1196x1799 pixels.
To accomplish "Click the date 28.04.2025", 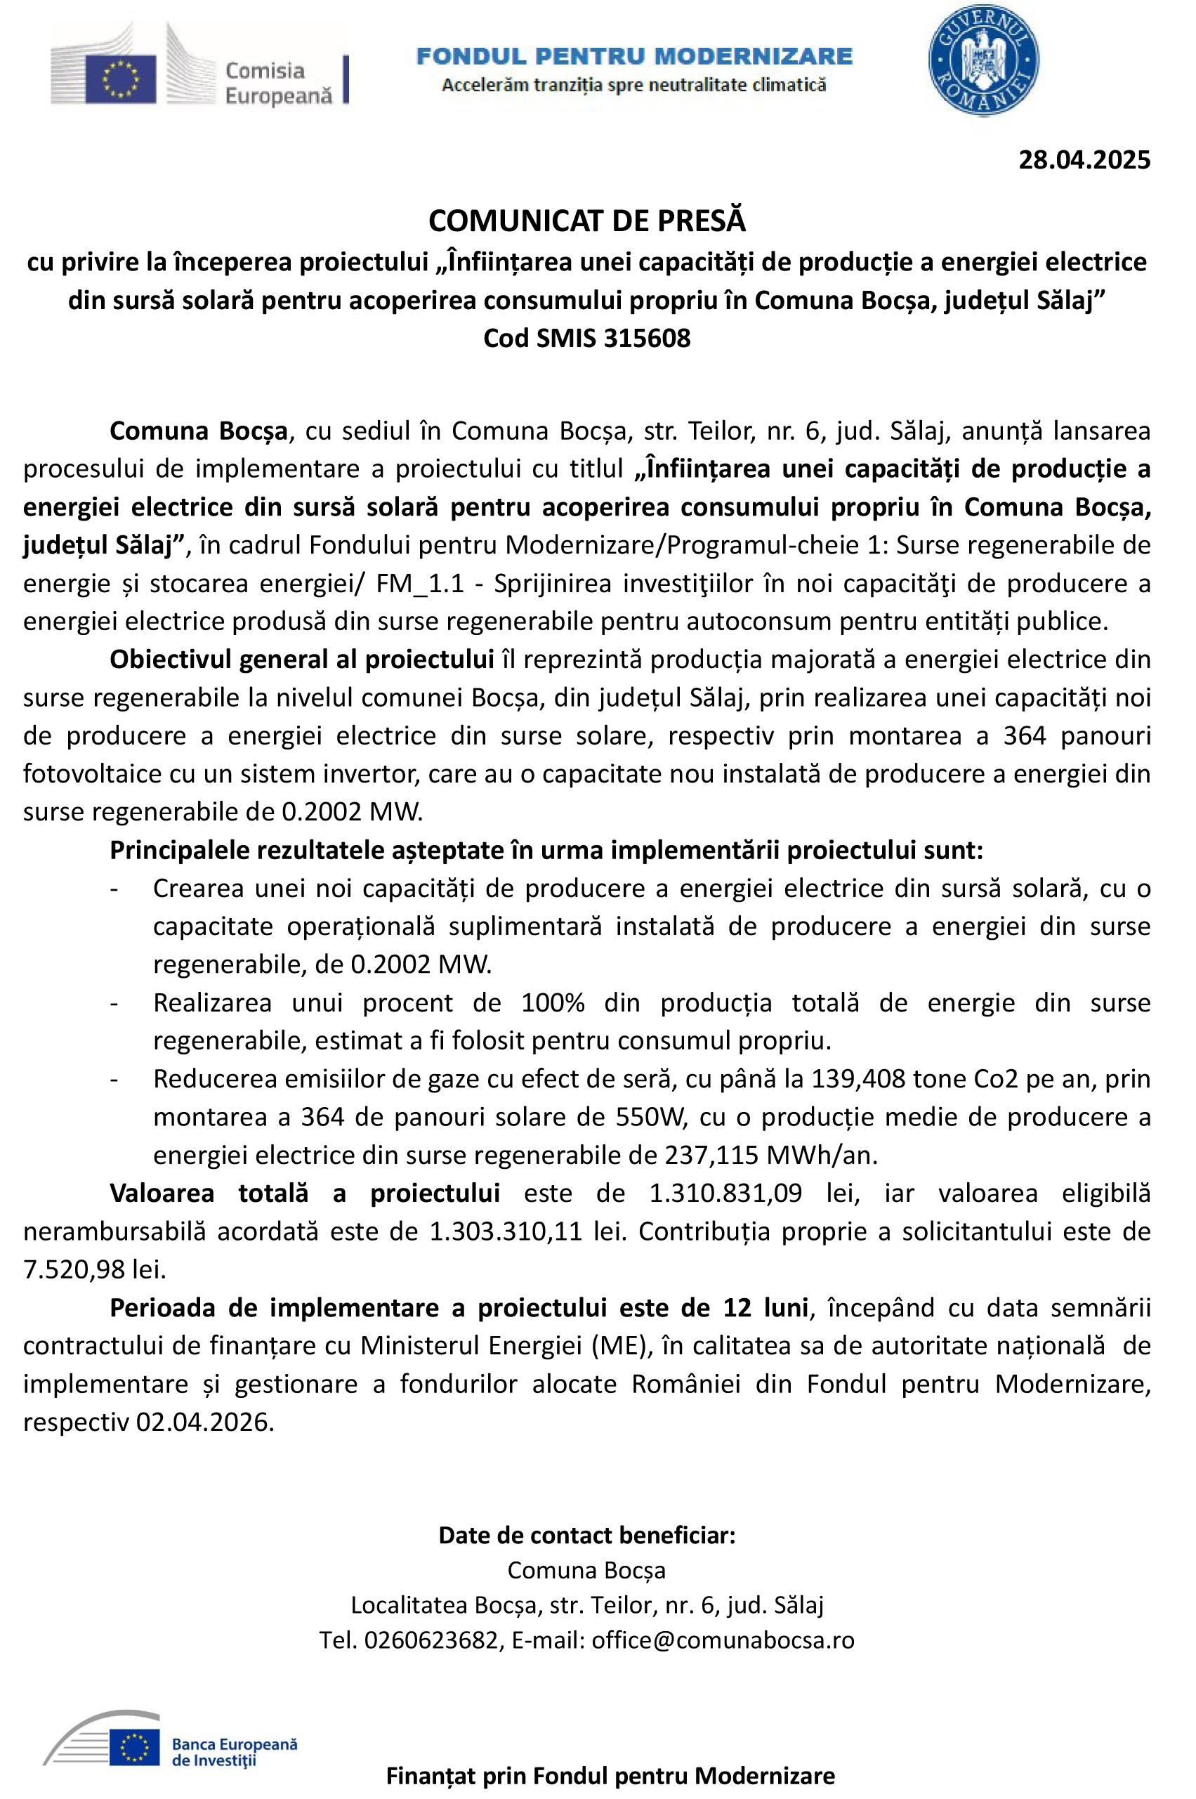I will click(x=1084, y=160).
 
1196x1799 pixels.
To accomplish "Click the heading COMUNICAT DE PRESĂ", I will click(x=586, y=221).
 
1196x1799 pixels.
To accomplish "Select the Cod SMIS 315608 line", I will click(x=586, y=338).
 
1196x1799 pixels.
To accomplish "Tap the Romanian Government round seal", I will click(x=983, y=61).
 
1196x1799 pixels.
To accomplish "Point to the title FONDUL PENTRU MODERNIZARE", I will click(x=634, y=55).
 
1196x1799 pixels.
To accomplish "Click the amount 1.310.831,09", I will click(x=725, y=1193).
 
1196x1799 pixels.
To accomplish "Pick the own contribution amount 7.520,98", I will click(x=74, y=1269).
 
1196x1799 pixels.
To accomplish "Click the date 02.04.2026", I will click(x=204, y=1422).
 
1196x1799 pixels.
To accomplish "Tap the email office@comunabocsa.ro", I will click(x=723, y=1640).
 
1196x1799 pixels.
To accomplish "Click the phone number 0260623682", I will click(x=431, y=1640).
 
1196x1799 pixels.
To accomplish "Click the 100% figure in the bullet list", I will click(x=553, y=1002).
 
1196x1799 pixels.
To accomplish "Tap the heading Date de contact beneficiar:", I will click(x=586, y=1535).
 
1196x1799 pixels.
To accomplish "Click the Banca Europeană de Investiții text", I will click(x=233, y=1752).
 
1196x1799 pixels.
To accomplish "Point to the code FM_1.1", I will click(x=419, y=584).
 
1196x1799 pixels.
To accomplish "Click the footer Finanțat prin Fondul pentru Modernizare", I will click(x=610, y=1775).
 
